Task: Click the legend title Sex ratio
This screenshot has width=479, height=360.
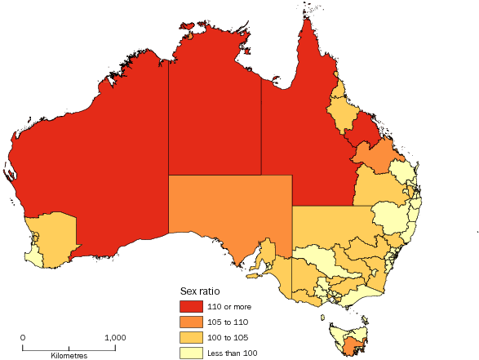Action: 200,291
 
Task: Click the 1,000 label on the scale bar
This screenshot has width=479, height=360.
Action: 114,336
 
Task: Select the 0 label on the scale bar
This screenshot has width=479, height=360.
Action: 23,336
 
